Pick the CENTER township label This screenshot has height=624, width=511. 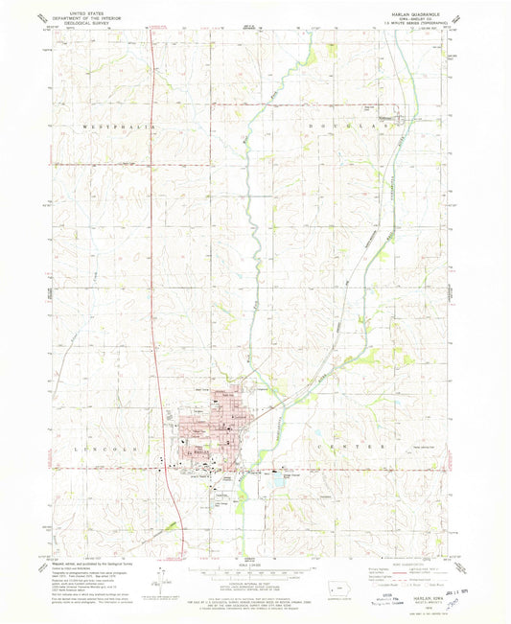[352, 448]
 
